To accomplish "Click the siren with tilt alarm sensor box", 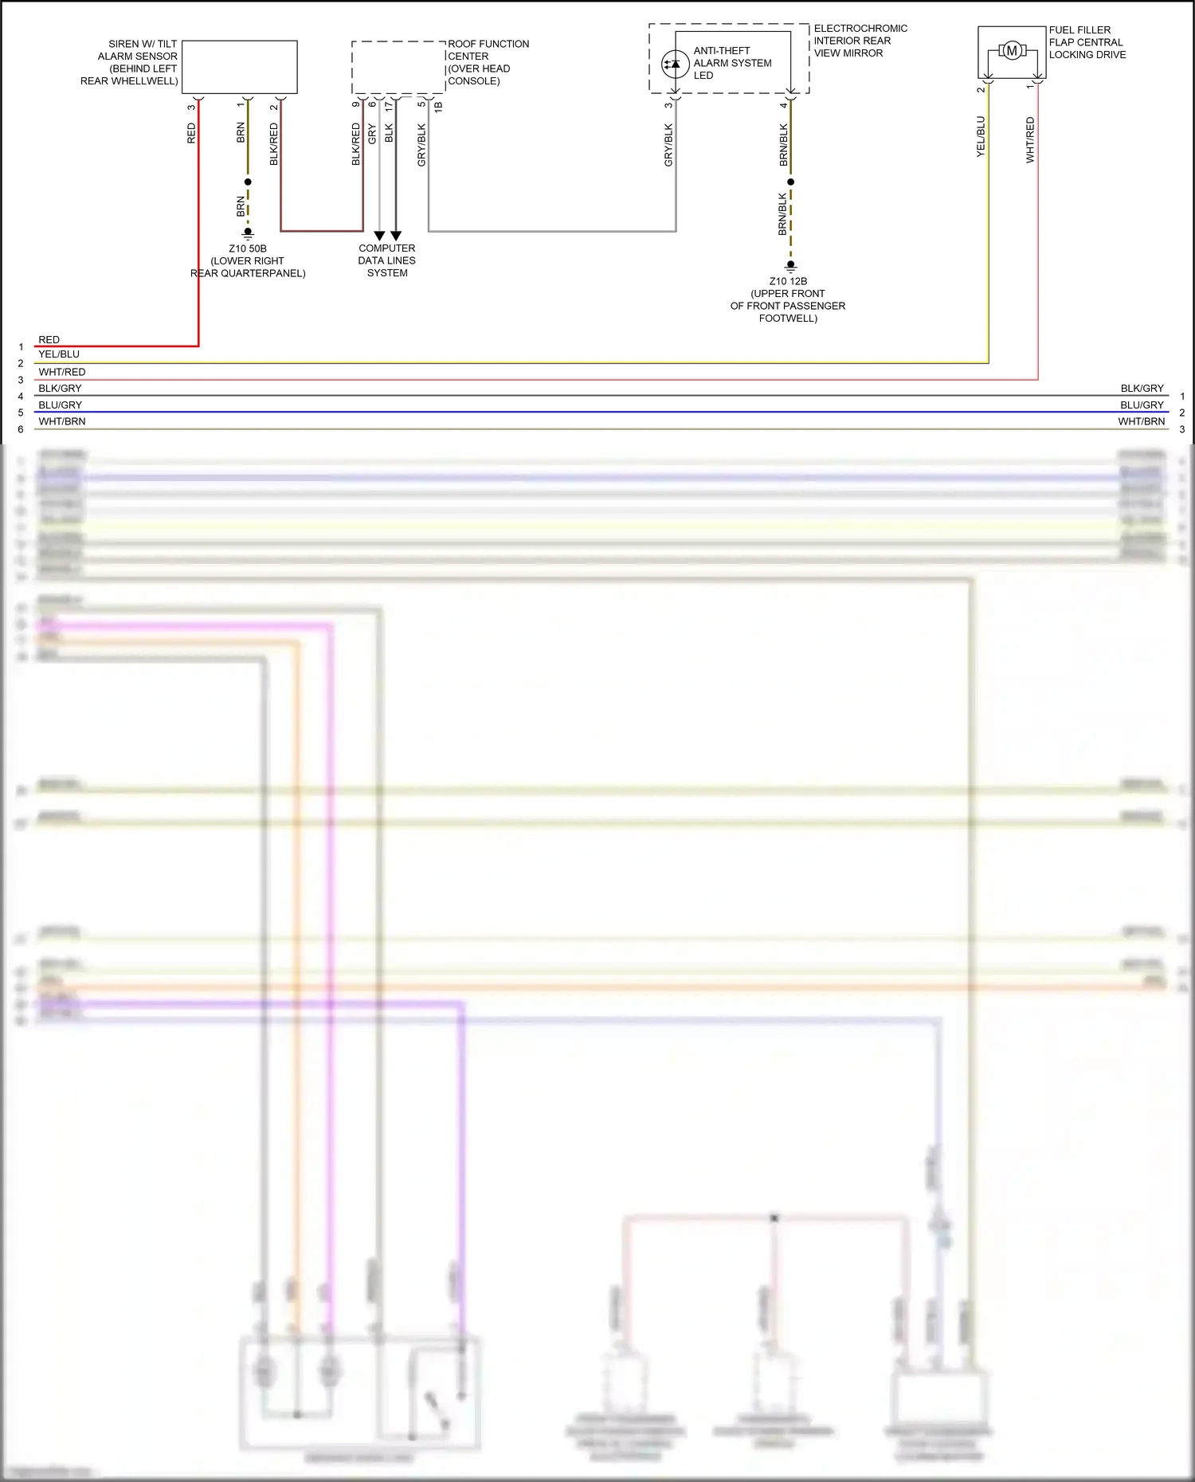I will (240, 67).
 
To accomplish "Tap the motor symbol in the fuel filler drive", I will (1012, 51).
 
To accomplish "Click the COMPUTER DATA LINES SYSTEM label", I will (387, 260).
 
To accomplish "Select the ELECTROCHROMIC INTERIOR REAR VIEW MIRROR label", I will (860, 41).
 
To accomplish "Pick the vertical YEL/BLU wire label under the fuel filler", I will (981, 136).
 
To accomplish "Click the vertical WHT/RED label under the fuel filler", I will (1030, 140).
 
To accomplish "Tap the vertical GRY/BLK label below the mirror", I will (668, 145).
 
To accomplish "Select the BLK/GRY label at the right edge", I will (1142, 389).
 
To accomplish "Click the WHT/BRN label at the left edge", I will (62, 421).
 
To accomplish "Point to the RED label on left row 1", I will (49, 340).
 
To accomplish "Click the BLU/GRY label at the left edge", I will (61, 405).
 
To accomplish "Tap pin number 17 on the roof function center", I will (389, 105).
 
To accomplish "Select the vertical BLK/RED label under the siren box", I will (274, 144).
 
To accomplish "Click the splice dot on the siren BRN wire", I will (248, 182).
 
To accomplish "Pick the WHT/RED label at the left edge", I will (62, 372).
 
